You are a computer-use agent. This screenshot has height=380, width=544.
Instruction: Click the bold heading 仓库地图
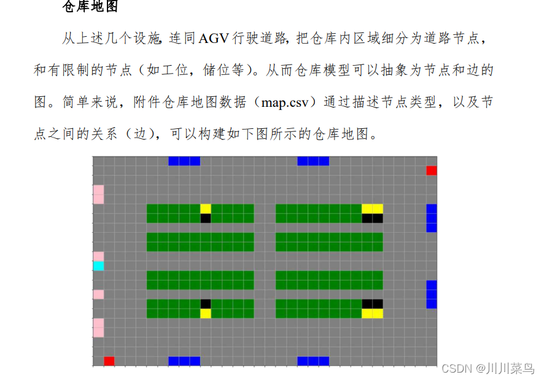point(90,8)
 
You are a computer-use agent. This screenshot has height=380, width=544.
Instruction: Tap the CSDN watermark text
point(456,368)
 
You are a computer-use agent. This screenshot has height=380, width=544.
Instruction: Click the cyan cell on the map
point(98,266)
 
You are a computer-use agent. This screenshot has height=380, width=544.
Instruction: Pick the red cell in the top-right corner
point(432,170)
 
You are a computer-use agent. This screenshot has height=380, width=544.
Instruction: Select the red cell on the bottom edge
point(109,361)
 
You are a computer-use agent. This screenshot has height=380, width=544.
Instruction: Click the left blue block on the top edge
point(184,161)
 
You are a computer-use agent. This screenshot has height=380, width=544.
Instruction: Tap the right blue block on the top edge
point(313,161)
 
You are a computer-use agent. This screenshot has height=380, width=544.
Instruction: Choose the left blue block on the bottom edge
point(184,361)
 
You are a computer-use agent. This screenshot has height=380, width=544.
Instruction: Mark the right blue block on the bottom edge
point(313,361)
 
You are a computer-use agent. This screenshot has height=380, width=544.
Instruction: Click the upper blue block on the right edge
point(432,218)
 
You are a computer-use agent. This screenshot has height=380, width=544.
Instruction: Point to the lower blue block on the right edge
point(432,294)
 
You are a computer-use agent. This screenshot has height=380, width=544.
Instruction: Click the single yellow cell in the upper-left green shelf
point(206,209)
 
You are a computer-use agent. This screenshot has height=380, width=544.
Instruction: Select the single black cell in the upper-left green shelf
point(206,218)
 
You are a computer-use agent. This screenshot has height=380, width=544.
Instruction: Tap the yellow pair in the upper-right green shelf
point(372,209)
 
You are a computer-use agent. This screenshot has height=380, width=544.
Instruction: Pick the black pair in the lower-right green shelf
point(372,303)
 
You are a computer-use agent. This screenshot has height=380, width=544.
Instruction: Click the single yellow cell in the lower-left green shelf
point(206,313)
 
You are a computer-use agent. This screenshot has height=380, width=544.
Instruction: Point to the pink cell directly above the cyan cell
point(98,256)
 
